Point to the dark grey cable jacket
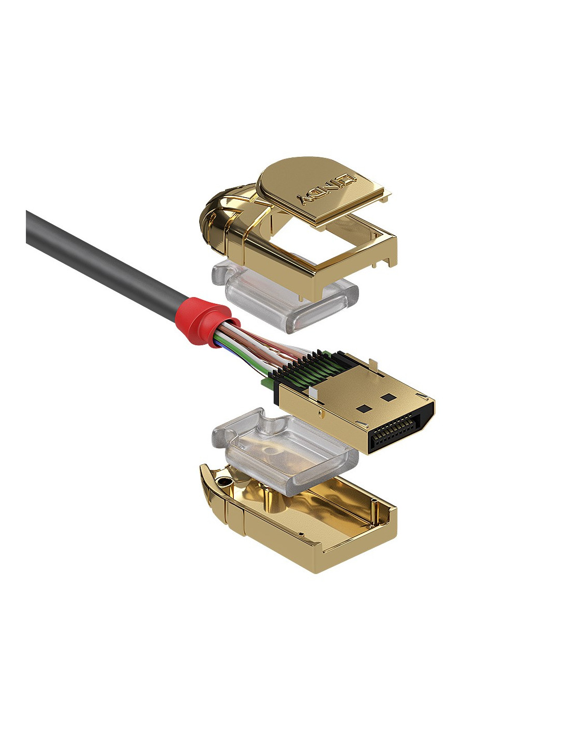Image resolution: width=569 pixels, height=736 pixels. tap(101, 257)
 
